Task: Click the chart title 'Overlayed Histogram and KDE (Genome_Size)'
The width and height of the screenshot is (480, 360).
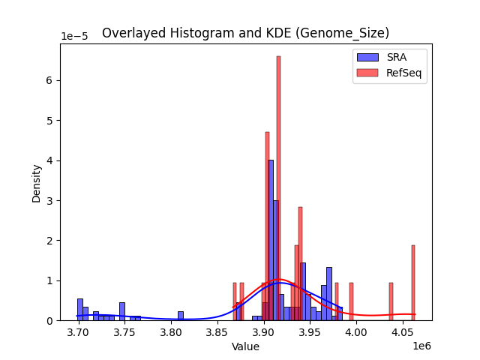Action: pos(245,33)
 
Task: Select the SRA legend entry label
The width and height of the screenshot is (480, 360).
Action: pos(397,57)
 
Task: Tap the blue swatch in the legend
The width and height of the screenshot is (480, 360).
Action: pos(367,57)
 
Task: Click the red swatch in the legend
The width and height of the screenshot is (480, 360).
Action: pos(367,73)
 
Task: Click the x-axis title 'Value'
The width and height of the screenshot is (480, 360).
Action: pos(245,346)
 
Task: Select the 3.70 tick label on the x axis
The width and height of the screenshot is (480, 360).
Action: pos(79,332)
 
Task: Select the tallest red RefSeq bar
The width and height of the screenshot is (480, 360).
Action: pos(278,187)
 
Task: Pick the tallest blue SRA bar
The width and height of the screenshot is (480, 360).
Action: pos(271,240)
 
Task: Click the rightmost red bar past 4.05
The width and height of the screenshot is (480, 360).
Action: pos(412,283)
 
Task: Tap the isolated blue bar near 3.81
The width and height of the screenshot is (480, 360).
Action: pos(181,316)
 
